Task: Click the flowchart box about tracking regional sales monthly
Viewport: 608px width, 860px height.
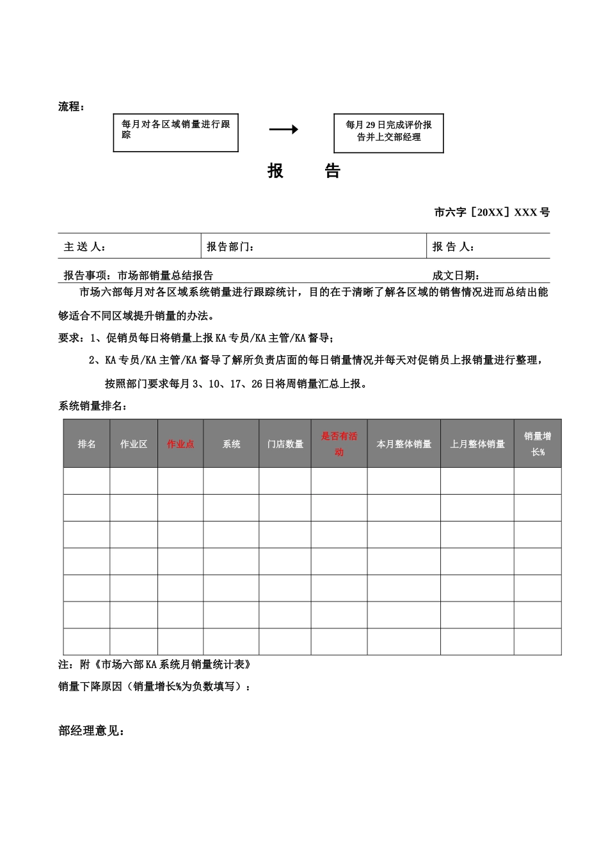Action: point(175,132)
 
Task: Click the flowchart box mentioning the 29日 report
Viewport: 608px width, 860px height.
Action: point(388,133)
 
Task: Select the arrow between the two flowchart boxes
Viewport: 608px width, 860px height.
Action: point(284,129)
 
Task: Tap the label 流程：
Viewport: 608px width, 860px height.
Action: point(71,107)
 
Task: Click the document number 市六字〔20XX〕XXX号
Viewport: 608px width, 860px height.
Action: point(492,212)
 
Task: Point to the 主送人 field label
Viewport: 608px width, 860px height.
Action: point(84,247)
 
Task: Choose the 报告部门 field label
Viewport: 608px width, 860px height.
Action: point(230,247)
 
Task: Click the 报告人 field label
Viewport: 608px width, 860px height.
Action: point(453,247)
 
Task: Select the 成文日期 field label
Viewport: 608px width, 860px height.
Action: point(456,276)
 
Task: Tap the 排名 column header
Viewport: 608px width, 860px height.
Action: point(86,444)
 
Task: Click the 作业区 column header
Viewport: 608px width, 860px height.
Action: point(134,444)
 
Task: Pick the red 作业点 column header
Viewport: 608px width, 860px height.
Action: point(180,444)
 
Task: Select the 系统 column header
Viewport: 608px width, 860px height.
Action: point(231,444)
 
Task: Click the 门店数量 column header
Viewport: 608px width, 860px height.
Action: point(285,444)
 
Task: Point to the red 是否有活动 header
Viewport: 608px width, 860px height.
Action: point(339,444)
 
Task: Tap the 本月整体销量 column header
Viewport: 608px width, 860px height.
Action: point(404,444)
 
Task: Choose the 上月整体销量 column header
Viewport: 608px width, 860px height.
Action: point(477,444)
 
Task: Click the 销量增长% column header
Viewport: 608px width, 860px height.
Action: point(538,444)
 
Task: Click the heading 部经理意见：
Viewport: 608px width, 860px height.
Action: point(92,731)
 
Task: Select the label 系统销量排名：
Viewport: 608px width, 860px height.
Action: point(93,406)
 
